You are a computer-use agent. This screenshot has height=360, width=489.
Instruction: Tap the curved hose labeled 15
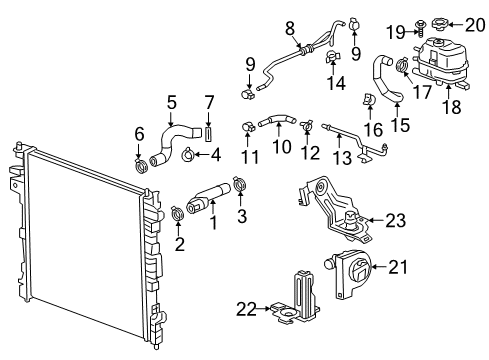(x=386, y=79)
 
